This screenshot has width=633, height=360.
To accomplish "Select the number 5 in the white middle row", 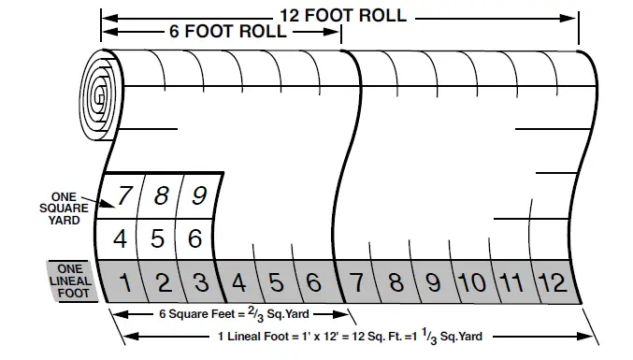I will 158,238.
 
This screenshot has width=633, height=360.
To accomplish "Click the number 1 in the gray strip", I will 124,281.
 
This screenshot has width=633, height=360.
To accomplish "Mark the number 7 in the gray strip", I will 356,281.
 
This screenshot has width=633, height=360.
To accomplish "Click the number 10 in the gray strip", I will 472,281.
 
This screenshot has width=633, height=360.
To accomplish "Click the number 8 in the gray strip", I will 396,281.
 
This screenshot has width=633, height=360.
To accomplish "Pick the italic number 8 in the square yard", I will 161,196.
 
